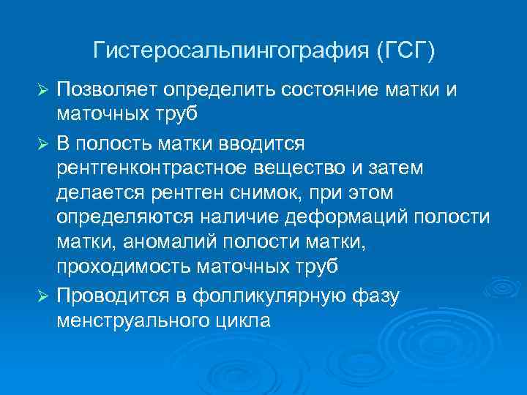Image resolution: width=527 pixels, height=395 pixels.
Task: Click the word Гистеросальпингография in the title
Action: [232, 51]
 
